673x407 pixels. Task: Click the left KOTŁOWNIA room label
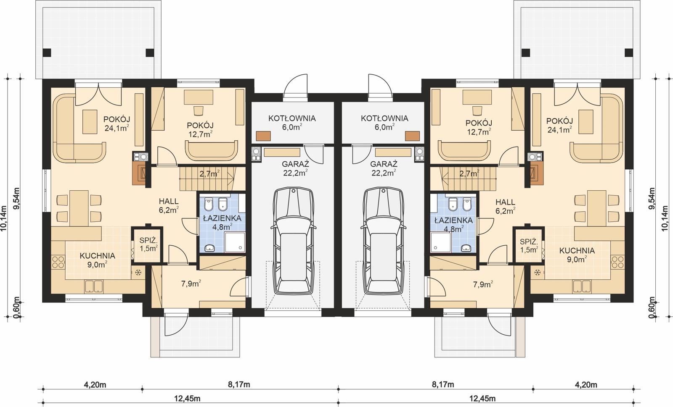[x=292, y=123]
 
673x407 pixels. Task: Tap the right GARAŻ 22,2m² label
[x=384, y=168]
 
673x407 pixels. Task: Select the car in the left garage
[x=294, y=242]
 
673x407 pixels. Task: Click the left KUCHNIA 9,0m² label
[x=97, y=259]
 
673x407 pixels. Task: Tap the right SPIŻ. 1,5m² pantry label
[x=529, y=245]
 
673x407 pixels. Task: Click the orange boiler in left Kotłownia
[x=263, y=136]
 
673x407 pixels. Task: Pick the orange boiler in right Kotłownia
[x=412, y=136]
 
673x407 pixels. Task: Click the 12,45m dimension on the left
[x=189, y=398]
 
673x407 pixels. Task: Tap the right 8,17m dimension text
[x=444, y=384]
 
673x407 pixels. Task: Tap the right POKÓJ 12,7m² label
[x=479, y=127]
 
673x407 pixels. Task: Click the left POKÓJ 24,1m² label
[x=116, y=123]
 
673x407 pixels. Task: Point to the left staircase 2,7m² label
[x=209, y=173]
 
